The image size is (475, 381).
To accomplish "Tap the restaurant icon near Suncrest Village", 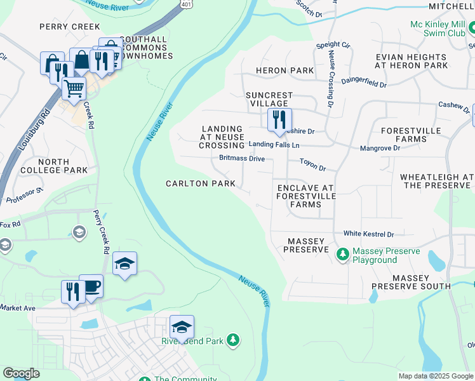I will click(x=279, y=119).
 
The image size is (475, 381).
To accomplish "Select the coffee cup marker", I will click(x=90, y=286).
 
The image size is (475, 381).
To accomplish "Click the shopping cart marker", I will click(x=74, y=88).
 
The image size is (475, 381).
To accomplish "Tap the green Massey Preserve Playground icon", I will click(x=343, y=255).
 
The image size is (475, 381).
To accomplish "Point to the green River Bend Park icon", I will click(x=234, y=341).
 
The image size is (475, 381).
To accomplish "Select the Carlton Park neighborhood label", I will click(x=201, y=184).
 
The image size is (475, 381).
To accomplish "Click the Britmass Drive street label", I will click(x=242, y=158).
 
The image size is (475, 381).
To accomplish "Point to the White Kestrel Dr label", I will click(x=369, y=234).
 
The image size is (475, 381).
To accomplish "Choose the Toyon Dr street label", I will click(x=312, y=169).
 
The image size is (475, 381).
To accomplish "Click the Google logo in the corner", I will click(x=21, y=373).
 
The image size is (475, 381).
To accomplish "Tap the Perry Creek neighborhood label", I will click(x=70, y=27).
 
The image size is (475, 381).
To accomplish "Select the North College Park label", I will click(x=54, y=166).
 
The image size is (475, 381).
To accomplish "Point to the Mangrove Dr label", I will click(x=380, y=148).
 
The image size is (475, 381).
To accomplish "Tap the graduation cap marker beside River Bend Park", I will click(x=182, y=327).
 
